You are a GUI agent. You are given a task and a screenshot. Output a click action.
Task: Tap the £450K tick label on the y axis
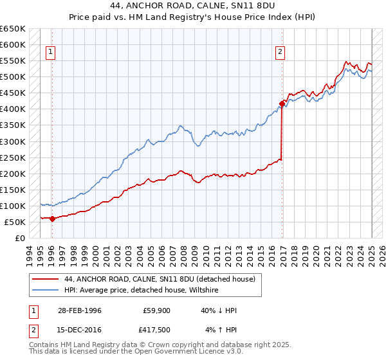[13, 93]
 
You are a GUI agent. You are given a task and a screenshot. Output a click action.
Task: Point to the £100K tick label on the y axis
[13, 206]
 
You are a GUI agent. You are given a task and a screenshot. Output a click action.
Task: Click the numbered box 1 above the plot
[51, 53]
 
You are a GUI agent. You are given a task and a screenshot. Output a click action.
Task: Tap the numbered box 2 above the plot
[280, 53]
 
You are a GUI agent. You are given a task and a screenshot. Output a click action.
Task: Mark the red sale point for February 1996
[52, 219]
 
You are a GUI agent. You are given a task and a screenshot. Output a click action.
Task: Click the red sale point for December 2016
[282, 103]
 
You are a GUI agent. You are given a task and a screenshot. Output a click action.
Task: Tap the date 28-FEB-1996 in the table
[80, 311]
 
